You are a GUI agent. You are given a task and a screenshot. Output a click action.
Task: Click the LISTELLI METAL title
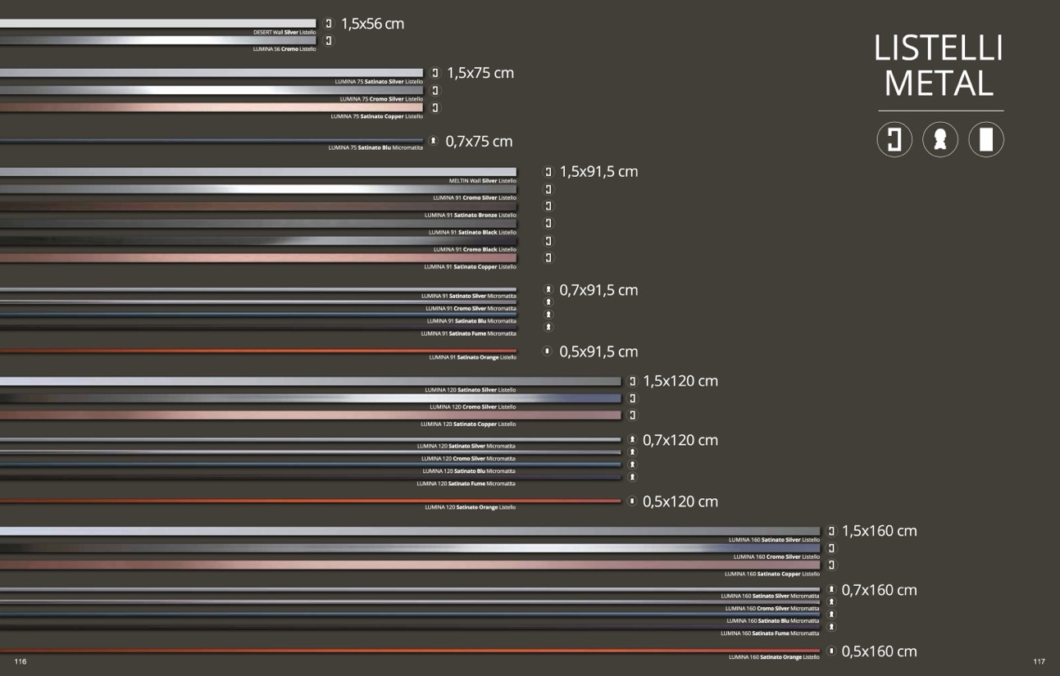[x=939, y=66]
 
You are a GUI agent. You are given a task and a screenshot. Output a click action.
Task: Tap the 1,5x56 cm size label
[x=372, y=24]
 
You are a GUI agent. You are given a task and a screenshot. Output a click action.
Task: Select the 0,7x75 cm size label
[x=479, y=142]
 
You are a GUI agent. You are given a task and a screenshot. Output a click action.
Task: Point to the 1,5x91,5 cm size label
[x=598, y=172]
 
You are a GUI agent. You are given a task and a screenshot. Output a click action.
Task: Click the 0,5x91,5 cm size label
[x=598, y=352]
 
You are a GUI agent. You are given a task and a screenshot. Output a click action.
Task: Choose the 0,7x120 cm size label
[x=680, y=440]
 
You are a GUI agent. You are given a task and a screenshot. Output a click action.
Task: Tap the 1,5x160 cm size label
[x=879, y=531]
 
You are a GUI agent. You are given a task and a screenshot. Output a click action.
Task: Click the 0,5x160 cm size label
[x=879, y=651]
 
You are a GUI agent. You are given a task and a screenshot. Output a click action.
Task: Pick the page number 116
[x=20, y=661]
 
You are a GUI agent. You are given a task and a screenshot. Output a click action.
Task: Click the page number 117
[x=1039, y=661]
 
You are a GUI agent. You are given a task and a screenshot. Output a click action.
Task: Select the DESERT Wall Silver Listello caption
[x=284, y=32]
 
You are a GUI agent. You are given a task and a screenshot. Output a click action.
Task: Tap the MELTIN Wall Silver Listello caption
[x=483, y=180]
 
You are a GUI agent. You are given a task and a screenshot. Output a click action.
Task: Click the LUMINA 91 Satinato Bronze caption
[x=471, y=215]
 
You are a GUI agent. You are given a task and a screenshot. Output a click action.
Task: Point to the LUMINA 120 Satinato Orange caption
[x=470, y=507]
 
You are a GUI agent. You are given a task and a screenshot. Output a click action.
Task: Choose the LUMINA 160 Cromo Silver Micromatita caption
[x=771, y=609]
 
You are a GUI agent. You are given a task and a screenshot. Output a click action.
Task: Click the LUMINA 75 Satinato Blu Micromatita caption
[x=375, y=147]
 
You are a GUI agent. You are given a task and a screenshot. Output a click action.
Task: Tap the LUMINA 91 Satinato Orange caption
[x=472, y=357]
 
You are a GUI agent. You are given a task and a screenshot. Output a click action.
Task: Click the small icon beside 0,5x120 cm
[x=632, y=501]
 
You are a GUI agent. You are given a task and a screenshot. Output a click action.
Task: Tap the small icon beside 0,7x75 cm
[x=434, y=141]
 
